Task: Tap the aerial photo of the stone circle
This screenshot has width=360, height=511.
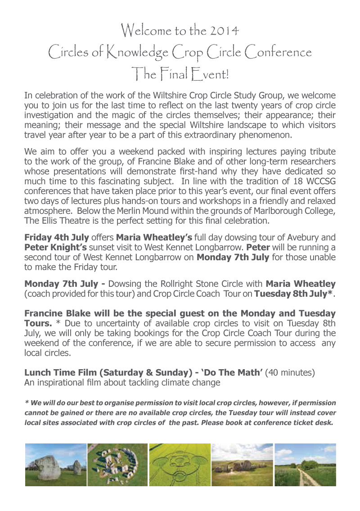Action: (117, 465)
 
